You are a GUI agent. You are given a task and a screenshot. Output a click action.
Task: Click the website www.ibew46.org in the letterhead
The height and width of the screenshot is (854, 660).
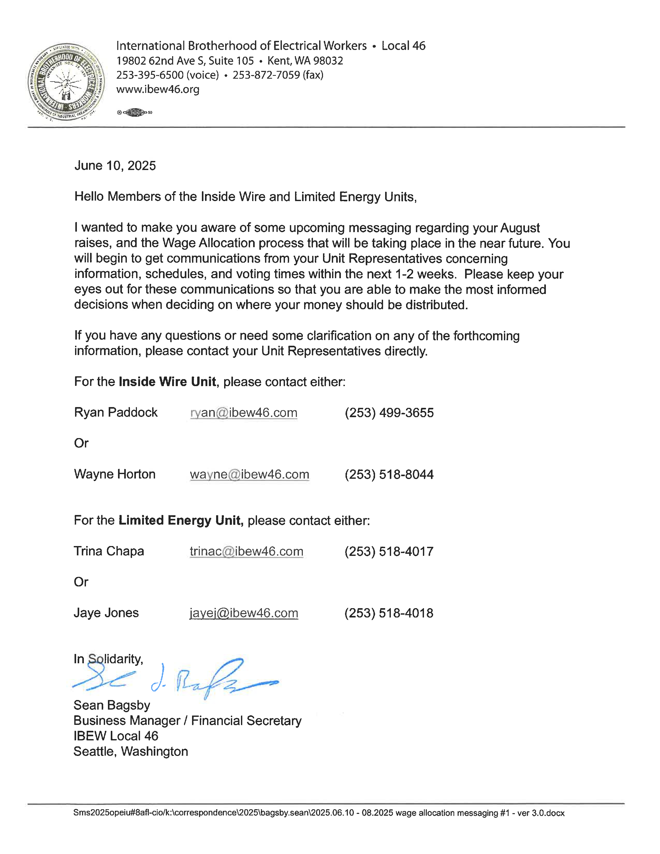(158, 90)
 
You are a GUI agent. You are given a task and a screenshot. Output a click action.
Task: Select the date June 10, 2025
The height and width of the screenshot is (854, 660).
(115, 166)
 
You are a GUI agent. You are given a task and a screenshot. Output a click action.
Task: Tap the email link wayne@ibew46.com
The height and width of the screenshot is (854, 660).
(250, 475)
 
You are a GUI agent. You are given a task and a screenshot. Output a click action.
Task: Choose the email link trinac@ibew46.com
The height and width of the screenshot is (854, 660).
(246, 552)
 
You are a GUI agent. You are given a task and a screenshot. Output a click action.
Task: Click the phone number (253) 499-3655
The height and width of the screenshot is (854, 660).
(389, 413)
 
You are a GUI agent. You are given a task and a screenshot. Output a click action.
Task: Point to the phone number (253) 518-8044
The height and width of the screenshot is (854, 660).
(389, 475)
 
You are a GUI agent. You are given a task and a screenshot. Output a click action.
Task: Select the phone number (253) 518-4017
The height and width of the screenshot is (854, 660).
(389, 552)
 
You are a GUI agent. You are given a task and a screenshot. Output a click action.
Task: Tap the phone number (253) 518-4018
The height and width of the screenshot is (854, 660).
(389, 613)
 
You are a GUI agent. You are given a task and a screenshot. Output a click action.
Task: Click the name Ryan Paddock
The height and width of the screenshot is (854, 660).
(116, 413)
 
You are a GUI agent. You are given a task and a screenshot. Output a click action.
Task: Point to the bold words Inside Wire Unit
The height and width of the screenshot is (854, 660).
(167, 382)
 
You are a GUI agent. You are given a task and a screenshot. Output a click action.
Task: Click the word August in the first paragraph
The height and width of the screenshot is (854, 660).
(520, 228)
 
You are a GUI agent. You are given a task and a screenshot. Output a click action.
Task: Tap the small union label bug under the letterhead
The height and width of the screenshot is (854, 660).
(135, 113)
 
